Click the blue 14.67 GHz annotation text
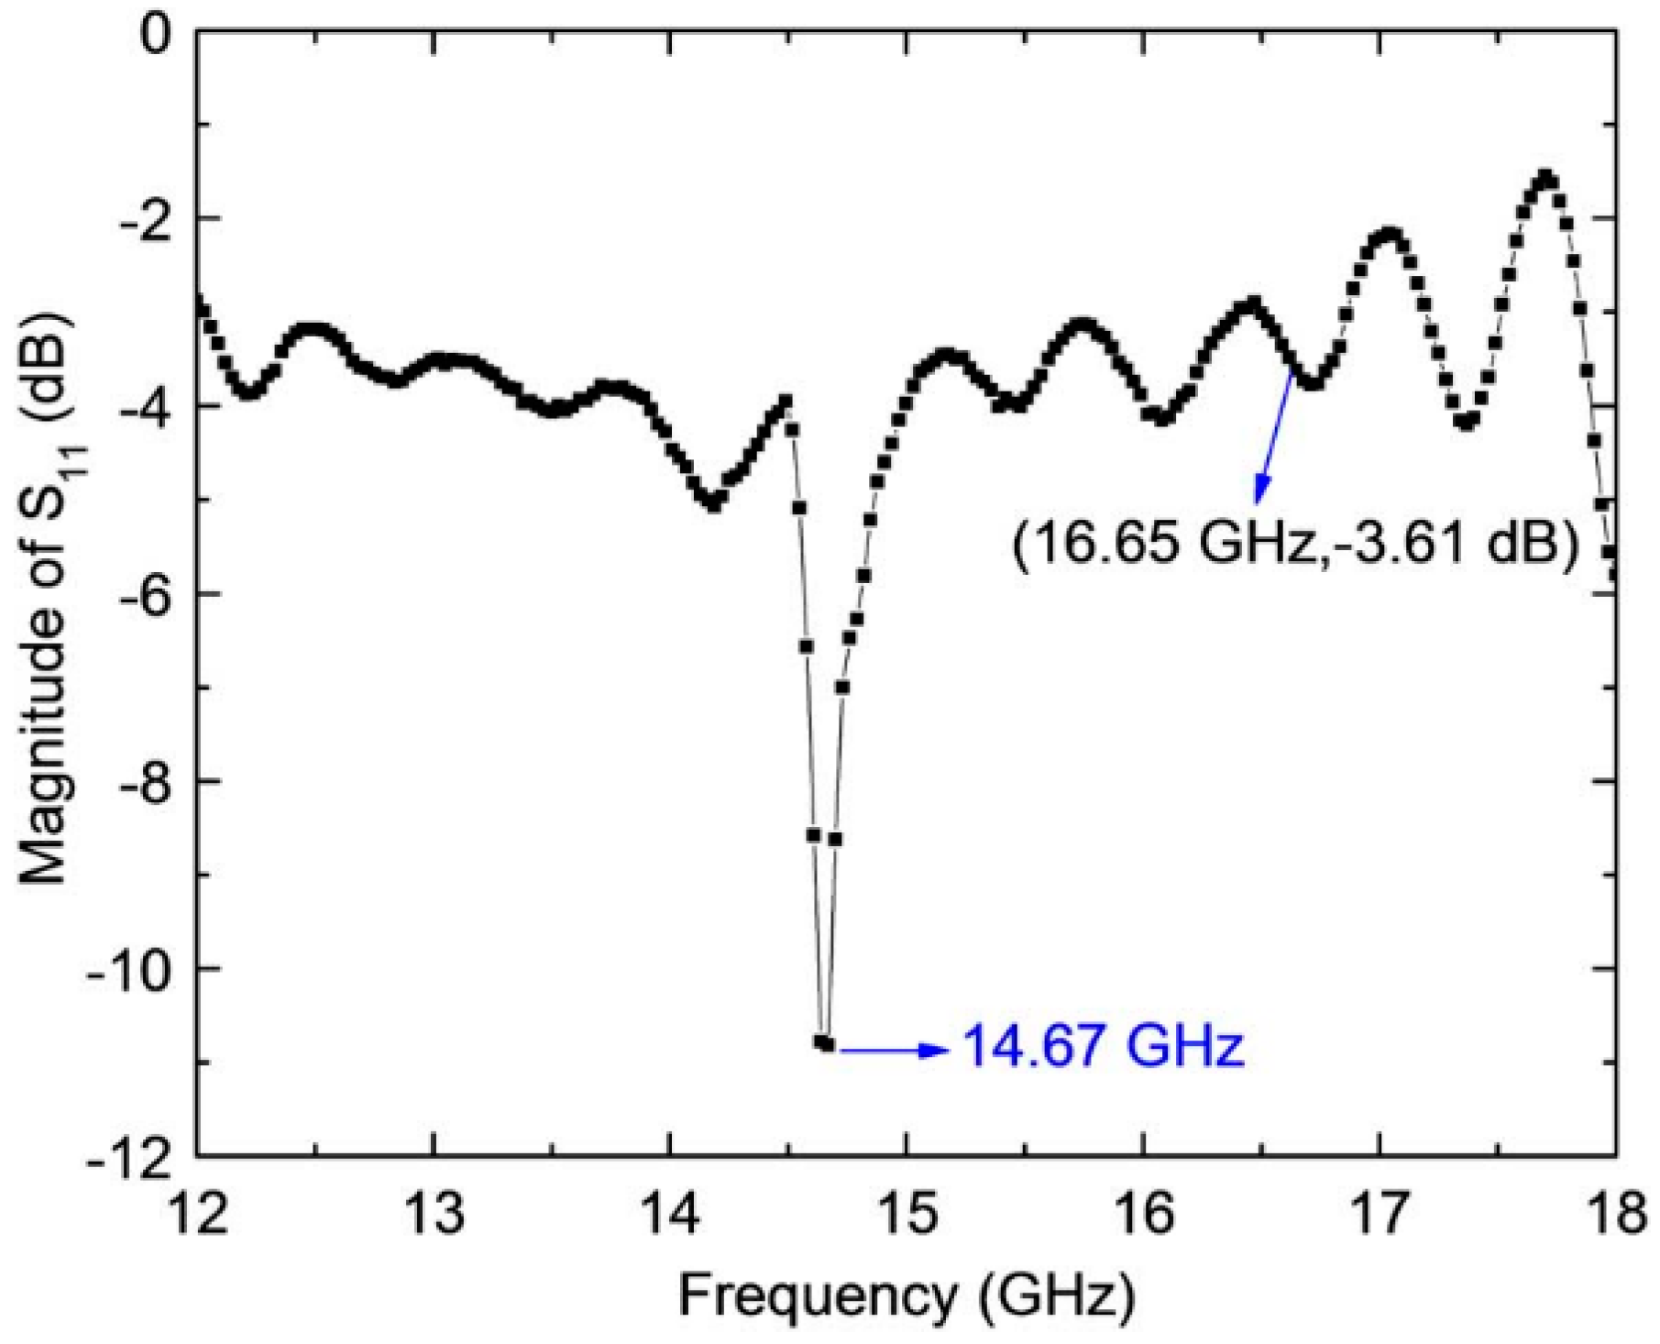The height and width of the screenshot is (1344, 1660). (1103, 1046)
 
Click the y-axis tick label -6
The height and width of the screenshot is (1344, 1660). (139, 594)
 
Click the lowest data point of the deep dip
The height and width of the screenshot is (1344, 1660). (827, 1043)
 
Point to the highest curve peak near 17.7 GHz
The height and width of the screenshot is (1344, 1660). (1547, 177)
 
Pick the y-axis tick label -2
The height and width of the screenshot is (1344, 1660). (139, 219)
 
